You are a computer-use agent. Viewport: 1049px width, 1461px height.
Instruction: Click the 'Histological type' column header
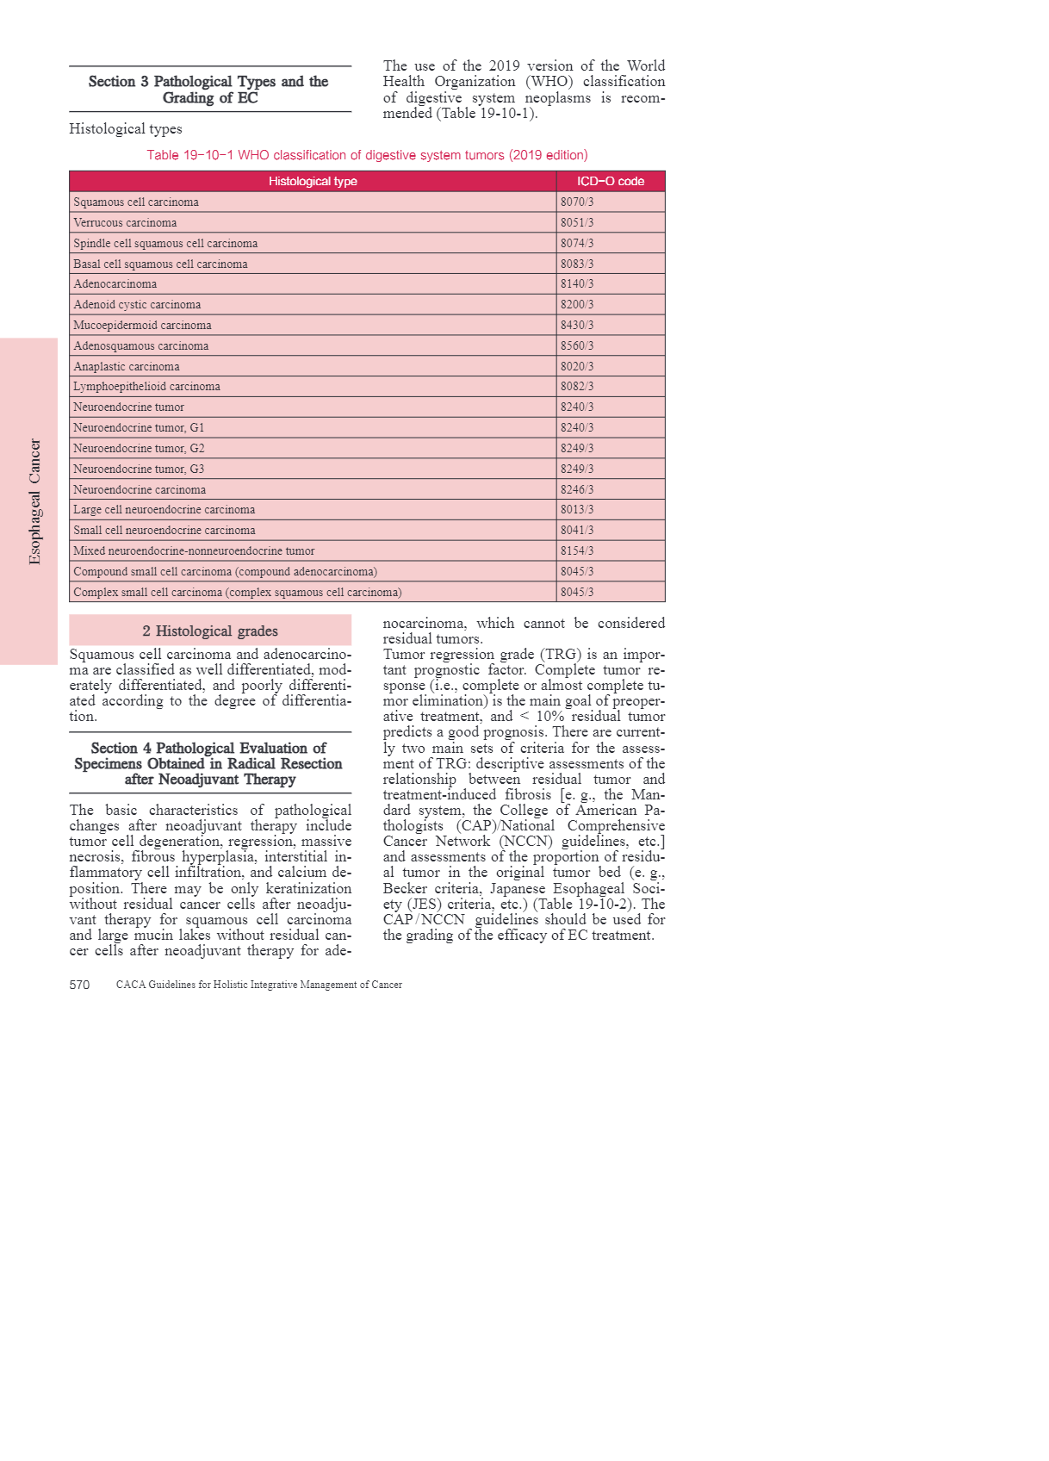313,182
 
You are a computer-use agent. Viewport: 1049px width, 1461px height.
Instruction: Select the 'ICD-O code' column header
610,182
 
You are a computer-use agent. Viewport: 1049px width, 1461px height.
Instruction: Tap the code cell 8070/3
577,202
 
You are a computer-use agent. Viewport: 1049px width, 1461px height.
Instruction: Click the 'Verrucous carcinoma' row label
125,223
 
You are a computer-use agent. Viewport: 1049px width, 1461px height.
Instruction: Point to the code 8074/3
577,244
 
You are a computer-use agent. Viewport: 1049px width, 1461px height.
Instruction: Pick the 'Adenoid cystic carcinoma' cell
137,305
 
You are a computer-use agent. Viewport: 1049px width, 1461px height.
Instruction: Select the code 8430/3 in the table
577,326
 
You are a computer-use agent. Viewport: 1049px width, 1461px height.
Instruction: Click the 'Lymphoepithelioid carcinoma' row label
146,387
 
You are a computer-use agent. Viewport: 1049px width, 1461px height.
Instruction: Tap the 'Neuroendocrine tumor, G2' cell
139,449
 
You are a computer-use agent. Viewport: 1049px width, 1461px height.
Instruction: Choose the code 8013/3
577,510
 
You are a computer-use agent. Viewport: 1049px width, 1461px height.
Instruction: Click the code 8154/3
577,551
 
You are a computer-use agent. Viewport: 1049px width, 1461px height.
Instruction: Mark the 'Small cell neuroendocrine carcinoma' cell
164,531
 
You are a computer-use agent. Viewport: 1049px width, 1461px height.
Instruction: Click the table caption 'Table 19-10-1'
367,155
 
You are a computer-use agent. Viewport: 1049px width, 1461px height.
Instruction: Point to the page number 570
79,985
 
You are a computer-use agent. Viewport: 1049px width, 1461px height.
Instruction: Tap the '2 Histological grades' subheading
210,631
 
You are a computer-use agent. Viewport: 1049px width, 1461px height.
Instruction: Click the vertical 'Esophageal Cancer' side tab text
34,501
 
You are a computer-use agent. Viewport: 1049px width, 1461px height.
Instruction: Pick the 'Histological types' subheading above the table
126,129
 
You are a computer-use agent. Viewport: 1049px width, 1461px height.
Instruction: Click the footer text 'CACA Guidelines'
259,985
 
